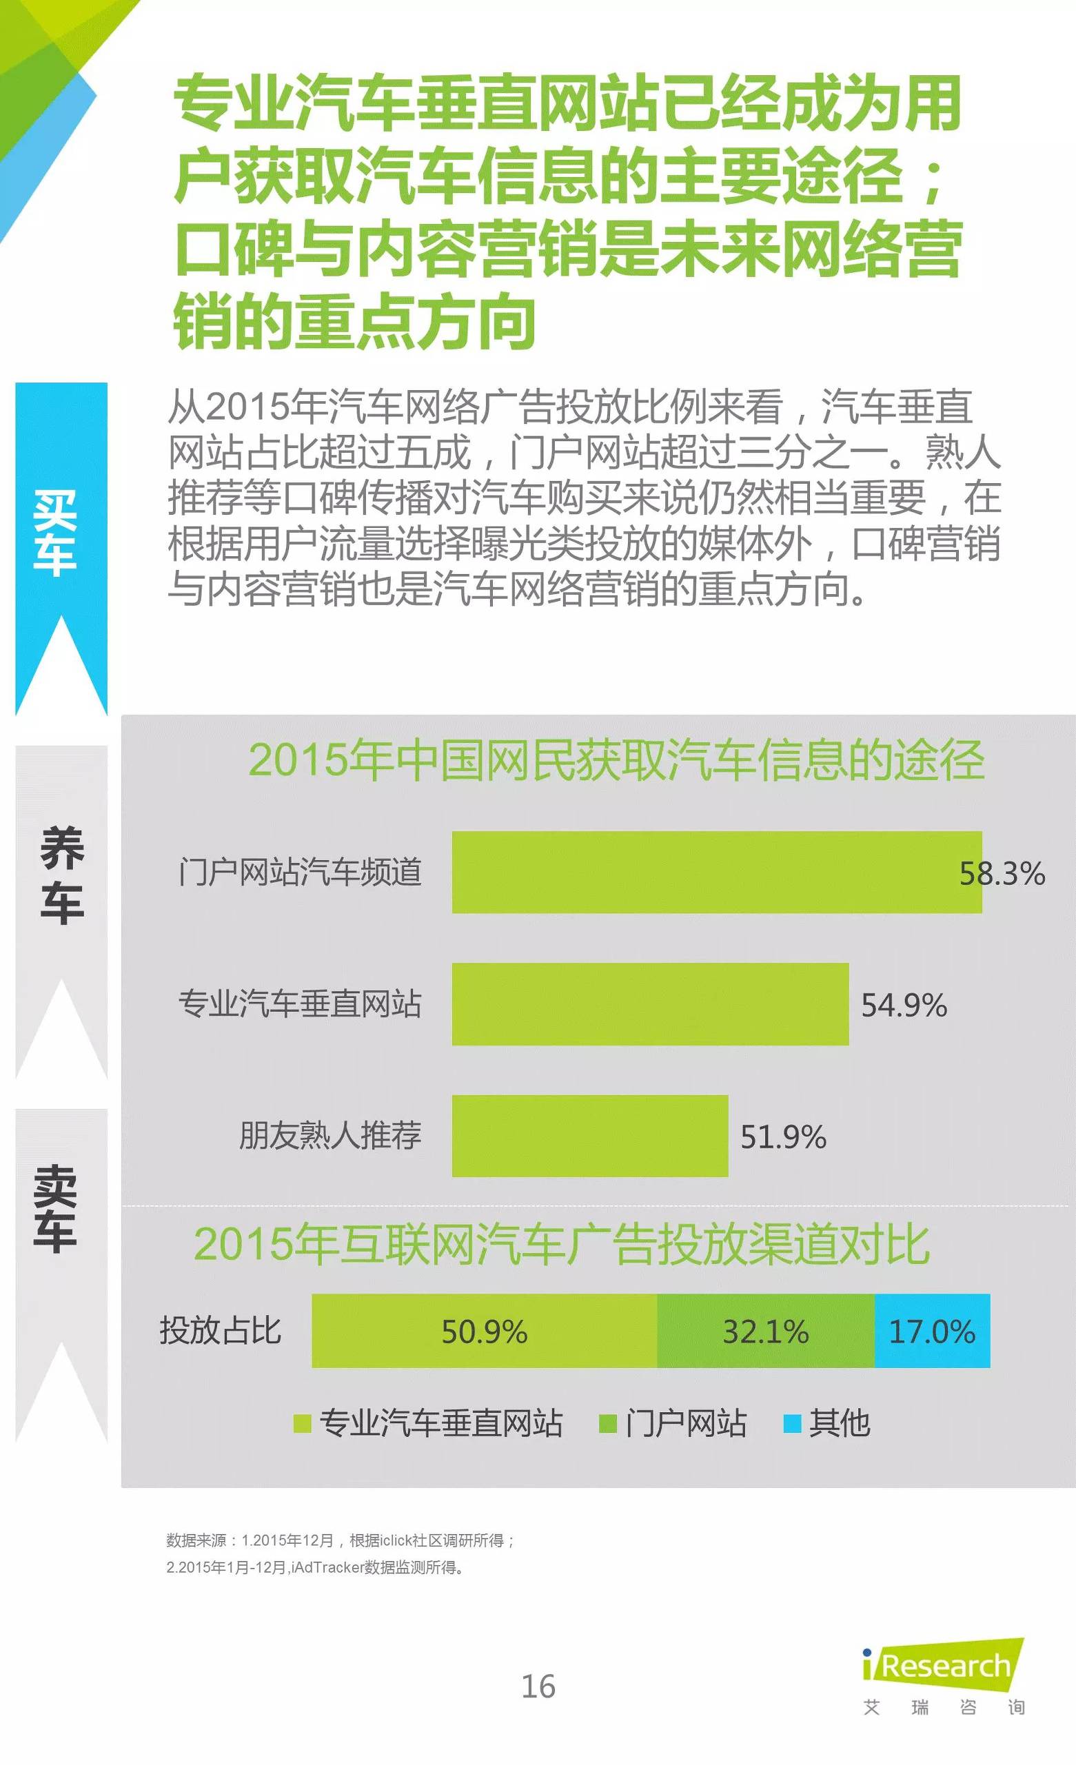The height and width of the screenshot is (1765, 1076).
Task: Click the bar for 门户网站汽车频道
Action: [716, 872]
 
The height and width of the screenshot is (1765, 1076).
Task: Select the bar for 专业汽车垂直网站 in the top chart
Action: [650, 1003]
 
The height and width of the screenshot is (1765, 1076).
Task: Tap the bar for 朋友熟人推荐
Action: [589, 1135]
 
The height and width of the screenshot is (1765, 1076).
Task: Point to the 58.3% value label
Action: [1002, 874]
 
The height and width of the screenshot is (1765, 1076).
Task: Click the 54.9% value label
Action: [904, 1005]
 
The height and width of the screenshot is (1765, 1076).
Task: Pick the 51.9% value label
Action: [783, 1136]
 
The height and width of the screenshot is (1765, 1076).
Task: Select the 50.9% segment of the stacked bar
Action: [485, 1331]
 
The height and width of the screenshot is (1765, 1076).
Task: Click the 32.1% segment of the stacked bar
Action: [765, 1331]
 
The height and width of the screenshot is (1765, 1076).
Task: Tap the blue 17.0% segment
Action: [932, 1331]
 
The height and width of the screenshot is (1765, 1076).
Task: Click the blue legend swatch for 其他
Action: [791, 1423]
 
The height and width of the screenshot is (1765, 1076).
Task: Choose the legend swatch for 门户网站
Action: [607, 1423]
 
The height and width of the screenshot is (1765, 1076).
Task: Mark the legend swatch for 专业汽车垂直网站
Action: [302, 1423]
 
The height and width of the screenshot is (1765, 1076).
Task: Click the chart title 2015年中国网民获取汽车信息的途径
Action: [616, 760]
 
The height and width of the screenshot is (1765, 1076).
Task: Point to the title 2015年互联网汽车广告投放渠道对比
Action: [562, 1244]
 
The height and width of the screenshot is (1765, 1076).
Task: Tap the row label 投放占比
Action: [221, 1331]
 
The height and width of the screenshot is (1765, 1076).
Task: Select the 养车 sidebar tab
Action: [61, 874]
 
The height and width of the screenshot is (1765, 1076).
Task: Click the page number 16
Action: [538, 1687]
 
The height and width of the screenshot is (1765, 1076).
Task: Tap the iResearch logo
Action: [944, 1666]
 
